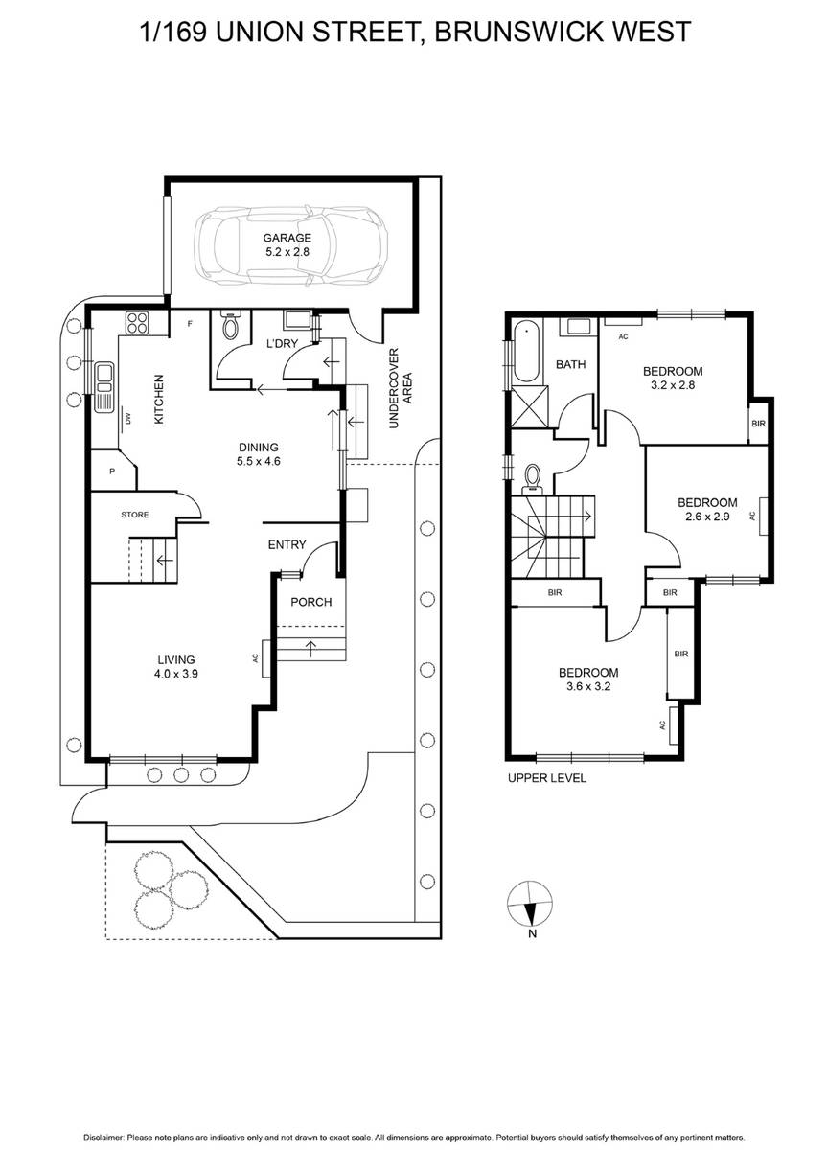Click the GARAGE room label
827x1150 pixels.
287,238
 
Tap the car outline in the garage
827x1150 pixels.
290,245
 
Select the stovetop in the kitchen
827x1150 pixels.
137,324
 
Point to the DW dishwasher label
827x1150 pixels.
128,420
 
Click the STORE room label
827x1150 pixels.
135,515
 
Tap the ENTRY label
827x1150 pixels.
287,544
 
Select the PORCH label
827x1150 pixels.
311,602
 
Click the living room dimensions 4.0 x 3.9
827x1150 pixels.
176,674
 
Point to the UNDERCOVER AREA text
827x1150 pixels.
401,388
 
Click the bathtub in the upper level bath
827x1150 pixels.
526,351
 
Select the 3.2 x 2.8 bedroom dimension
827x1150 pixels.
673,385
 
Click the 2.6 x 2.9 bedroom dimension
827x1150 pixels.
707,517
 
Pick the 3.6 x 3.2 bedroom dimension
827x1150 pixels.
588,686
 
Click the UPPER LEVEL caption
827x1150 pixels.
547,778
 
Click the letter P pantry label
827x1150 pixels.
112,471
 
